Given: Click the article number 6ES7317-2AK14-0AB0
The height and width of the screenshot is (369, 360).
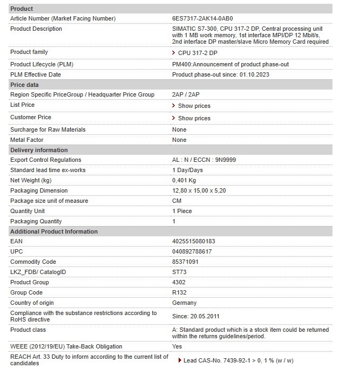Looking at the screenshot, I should (x=202, y=18).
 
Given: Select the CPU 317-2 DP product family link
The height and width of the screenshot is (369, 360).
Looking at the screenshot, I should (x=198, y=53).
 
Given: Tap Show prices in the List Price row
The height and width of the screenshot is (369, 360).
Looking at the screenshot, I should (x=194, y=106).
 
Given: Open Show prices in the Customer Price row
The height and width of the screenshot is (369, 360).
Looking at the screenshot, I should (x=194, y=118).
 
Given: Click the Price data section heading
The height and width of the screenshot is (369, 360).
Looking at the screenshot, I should (x=24, y=85).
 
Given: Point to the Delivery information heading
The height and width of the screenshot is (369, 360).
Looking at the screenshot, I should (x=39, y=150).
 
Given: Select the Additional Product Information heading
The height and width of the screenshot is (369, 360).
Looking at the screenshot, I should (x=54, y=231).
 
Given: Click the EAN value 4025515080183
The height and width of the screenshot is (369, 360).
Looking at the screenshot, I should (x=193, y=241).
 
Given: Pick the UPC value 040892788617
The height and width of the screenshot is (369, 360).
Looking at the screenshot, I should (x=192, y=251).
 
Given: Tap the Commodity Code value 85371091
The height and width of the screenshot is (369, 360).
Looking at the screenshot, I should (x=185, y=262).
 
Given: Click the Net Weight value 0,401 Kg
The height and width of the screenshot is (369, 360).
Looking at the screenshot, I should (x=184, y=180).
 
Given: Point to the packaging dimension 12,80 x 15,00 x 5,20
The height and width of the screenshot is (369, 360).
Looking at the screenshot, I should (x=199, y=190).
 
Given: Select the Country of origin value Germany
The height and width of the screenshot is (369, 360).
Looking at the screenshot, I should (x=184, y=303).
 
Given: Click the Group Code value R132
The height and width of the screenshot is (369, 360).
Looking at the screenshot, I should (x=179, y=292).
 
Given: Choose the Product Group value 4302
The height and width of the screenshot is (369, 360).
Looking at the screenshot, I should (x=179, y=282).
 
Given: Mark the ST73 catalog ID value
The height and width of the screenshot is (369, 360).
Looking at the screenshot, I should (x=179, y=272).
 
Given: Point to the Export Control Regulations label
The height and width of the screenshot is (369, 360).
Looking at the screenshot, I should (x=46, y=160).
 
